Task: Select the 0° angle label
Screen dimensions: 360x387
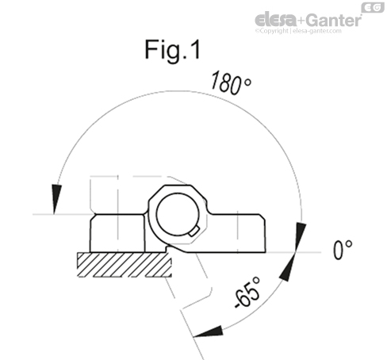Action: (x=343, y=251)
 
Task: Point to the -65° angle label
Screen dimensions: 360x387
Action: (x=251, y=295)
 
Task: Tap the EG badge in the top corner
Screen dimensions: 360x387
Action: (x=370, y=7)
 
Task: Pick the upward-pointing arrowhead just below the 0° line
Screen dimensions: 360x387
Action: (x=293, y=265)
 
